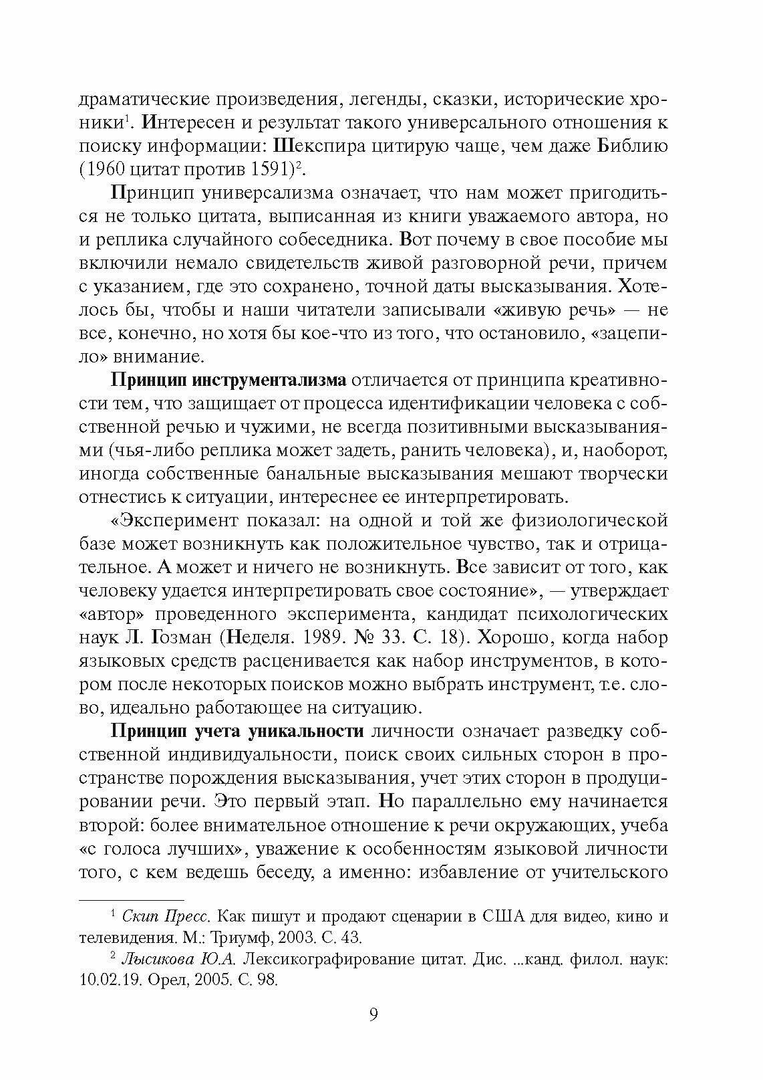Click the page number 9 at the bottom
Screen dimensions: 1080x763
373,1014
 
